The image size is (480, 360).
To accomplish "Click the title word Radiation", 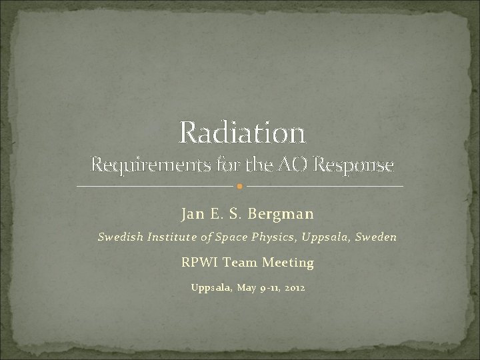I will [x=242, y=133].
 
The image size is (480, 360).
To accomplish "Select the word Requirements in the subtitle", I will [x=142, y=164].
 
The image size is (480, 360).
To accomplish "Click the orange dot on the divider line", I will [x=240, y=185].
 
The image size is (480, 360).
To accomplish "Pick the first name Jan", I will [x=193, y=214].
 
